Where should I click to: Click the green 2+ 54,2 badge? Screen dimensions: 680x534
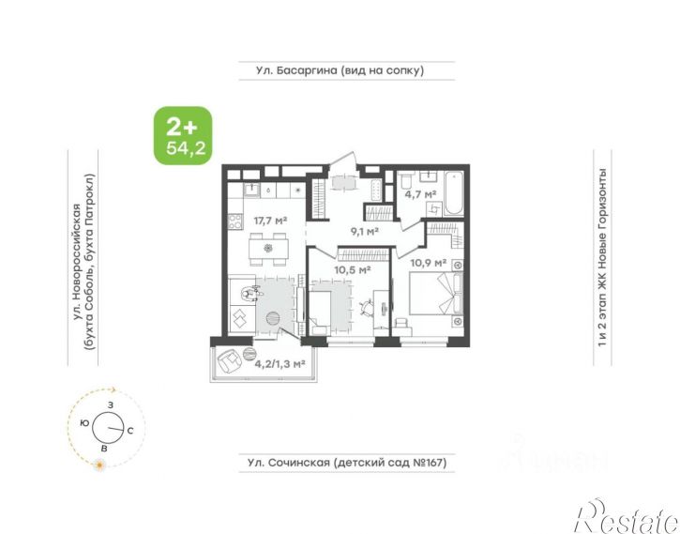[184, 136]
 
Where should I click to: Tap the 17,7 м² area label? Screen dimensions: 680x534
[271, 221]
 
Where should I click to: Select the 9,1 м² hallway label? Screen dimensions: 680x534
[365, 232]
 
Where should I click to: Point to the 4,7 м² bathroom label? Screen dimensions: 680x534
[420, 194]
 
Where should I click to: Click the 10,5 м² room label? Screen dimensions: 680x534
[352, 270]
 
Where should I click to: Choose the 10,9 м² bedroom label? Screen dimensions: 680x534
[429, 263]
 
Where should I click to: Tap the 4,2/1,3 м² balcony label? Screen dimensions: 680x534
[280, 364]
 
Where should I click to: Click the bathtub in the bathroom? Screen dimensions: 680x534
[454, 193]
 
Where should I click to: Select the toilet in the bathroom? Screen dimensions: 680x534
[405, 180]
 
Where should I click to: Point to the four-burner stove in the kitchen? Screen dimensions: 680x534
[235, 221]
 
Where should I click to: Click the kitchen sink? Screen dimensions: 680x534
[251, 190]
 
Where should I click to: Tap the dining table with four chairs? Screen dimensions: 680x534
[268, 249]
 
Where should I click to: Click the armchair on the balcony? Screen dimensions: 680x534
[229, 361]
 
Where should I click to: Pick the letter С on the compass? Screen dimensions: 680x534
[130, 431]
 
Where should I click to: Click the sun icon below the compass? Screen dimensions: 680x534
[100, 465]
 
